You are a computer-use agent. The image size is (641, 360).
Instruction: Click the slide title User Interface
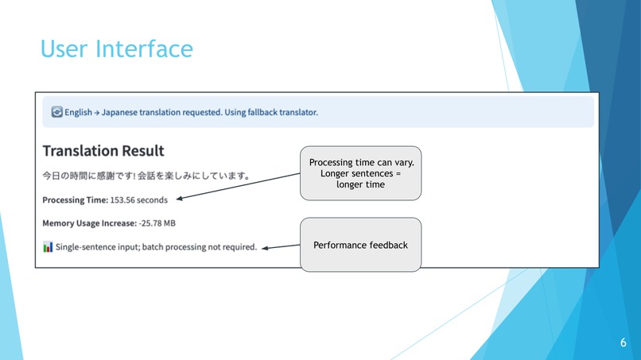(116, 48)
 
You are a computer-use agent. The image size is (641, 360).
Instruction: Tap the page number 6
(623, 343)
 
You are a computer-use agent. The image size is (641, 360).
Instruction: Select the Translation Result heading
(103, 150)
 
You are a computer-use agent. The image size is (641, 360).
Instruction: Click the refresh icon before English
(56, 112)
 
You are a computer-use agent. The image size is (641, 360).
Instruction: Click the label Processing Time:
(75, 199)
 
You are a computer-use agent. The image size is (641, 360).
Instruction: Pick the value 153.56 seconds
(139, 199)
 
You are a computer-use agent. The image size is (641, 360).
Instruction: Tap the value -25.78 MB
(157, 223)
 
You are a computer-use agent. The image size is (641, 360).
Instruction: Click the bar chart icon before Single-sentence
(48, 247)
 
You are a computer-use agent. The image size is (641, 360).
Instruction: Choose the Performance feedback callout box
(360, 245)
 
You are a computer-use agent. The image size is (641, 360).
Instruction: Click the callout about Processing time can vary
(360, 172)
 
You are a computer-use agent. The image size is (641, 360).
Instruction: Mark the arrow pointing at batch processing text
(280, 247)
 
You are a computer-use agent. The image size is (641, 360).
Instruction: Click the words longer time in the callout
(360, 184)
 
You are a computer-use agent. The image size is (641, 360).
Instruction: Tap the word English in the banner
(78, 112)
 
